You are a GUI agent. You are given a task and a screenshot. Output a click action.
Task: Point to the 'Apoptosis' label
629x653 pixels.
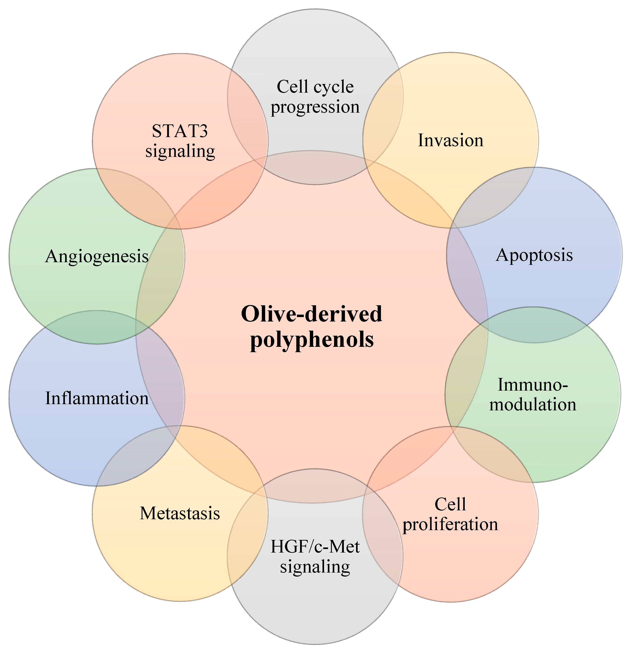[x=534, y=255]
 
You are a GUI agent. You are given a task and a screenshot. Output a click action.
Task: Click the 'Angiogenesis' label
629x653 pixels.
[x=97, y=257]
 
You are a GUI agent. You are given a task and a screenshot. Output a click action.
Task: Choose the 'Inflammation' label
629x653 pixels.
[x=97, y=398]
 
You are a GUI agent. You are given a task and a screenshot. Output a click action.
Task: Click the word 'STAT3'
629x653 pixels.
[x=180, y=131]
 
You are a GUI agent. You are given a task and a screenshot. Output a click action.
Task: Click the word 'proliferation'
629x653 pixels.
[x=450, y=524]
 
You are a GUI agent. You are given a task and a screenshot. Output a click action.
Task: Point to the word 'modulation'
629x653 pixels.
[x=533, y=404]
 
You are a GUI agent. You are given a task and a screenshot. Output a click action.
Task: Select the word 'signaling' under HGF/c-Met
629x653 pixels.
[x=315, y=566]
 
